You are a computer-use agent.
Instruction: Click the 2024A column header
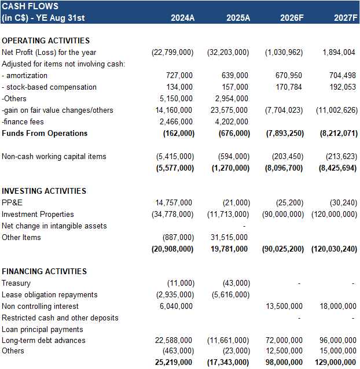point(182,18)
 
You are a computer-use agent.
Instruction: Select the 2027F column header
point(344,18)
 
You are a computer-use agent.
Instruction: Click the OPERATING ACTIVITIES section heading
point(46,41)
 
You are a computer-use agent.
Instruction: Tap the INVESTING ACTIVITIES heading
point(44,191)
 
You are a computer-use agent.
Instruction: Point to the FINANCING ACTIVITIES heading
point(45,272)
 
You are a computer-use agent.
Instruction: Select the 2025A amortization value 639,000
point(234,76)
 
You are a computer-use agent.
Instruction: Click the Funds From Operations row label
point(45,134)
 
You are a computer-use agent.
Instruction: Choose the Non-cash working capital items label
point(54,157)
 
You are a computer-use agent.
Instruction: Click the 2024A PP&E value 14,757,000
point(174,203)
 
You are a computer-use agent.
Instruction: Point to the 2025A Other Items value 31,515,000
point(230,237)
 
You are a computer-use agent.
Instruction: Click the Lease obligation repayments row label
point(49,295)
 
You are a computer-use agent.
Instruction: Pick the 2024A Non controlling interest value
point(177,307)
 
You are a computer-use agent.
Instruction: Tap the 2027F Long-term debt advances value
point(337,341)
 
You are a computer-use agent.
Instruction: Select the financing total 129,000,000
point(335,362)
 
